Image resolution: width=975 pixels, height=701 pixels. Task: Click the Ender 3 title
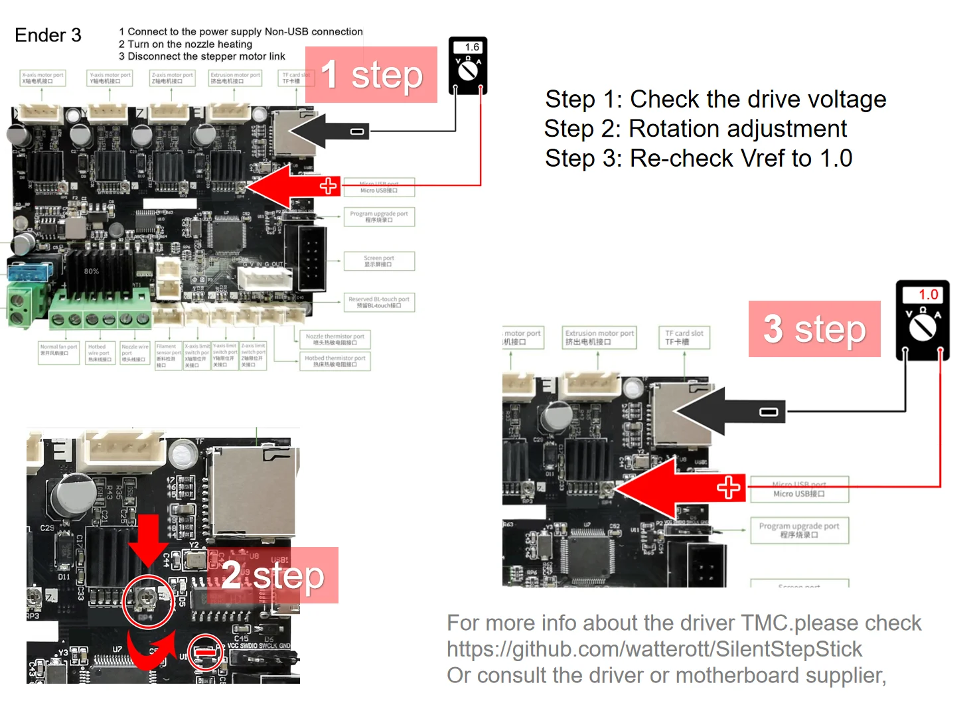tap(48, 35)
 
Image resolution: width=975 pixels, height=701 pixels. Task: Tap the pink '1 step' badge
tap(371, 74)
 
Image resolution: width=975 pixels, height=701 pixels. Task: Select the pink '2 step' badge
tap(273, 575)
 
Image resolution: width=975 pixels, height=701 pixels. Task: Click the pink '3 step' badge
tap(814, 329)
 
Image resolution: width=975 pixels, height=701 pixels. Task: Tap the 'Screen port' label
tap(379, 261)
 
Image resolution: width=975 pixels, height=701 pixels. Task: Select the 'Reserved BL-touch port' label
tap(379, 302)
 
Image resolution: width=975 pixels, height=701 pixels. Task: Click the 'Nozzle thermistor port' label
tap(335, 339)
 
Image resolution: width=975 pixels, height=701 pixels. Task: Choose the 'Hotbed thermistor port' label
tap(335, 360)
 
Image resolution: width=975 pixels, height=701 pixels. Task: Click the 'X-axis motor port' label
tap(42, 78)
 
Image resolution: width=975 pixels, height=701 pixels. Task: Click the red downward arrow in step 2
tap(148, 539)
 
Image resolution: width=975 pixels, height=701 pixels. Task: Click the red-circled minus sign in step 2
tap(205, 652)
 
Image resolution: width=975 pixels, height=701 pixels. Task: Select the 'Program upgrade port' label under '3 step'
tap(799, 530)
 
